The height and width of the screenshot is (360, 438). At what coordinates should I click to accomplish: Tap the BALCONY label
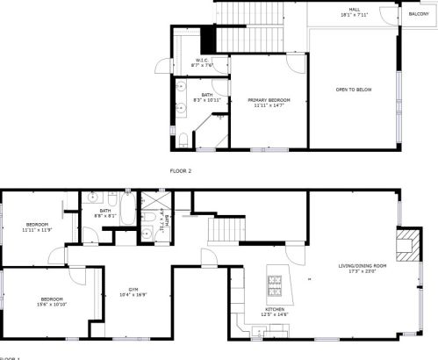[419, 14]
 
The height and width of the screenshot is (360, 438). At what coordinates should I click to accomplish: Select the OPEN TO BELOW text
[353, 90]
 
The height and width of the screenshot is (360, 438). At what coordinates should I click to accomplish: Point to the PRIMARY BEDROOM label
[268, 100]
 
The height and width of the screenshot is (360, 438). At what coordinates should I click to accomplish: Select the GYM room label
[133, 289]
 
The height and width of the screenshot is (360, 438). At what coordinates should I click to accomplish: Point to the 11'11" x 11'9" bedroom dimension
[38, 229]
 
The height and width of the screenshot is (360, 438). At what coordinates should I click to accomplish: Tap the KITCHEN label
[275, 309]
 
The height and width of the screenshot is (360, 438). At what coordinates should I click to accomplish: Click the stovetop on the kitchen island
[274, 283]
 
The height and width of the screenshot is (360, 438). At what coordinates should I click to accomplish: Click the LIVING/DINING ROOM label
[363, 265]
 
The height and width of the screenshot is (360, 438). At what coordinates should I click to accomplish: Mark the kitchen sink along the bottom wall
[258, 330]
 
